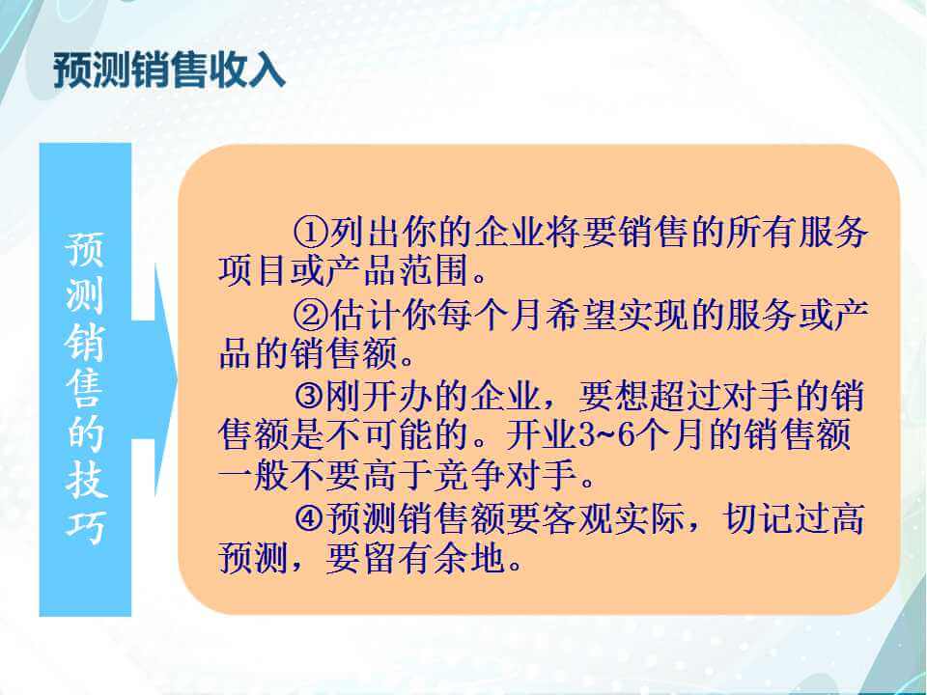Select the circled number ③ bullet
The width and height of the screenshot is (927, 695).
click(x=310, y=396)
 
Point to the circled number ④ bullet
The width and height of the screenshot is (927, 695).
click(x=310, y=518)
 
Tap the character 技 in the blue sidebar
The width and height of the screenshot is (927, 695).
click(x=86, y=480)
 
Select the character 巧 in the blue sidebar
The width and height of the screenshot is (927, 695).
click(x=86, y=525)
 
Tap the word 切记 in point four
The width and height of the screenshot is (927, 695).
click(x=758, y=518)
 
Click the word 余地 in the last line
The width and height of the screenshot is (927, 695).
click(x=470, y=559)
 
